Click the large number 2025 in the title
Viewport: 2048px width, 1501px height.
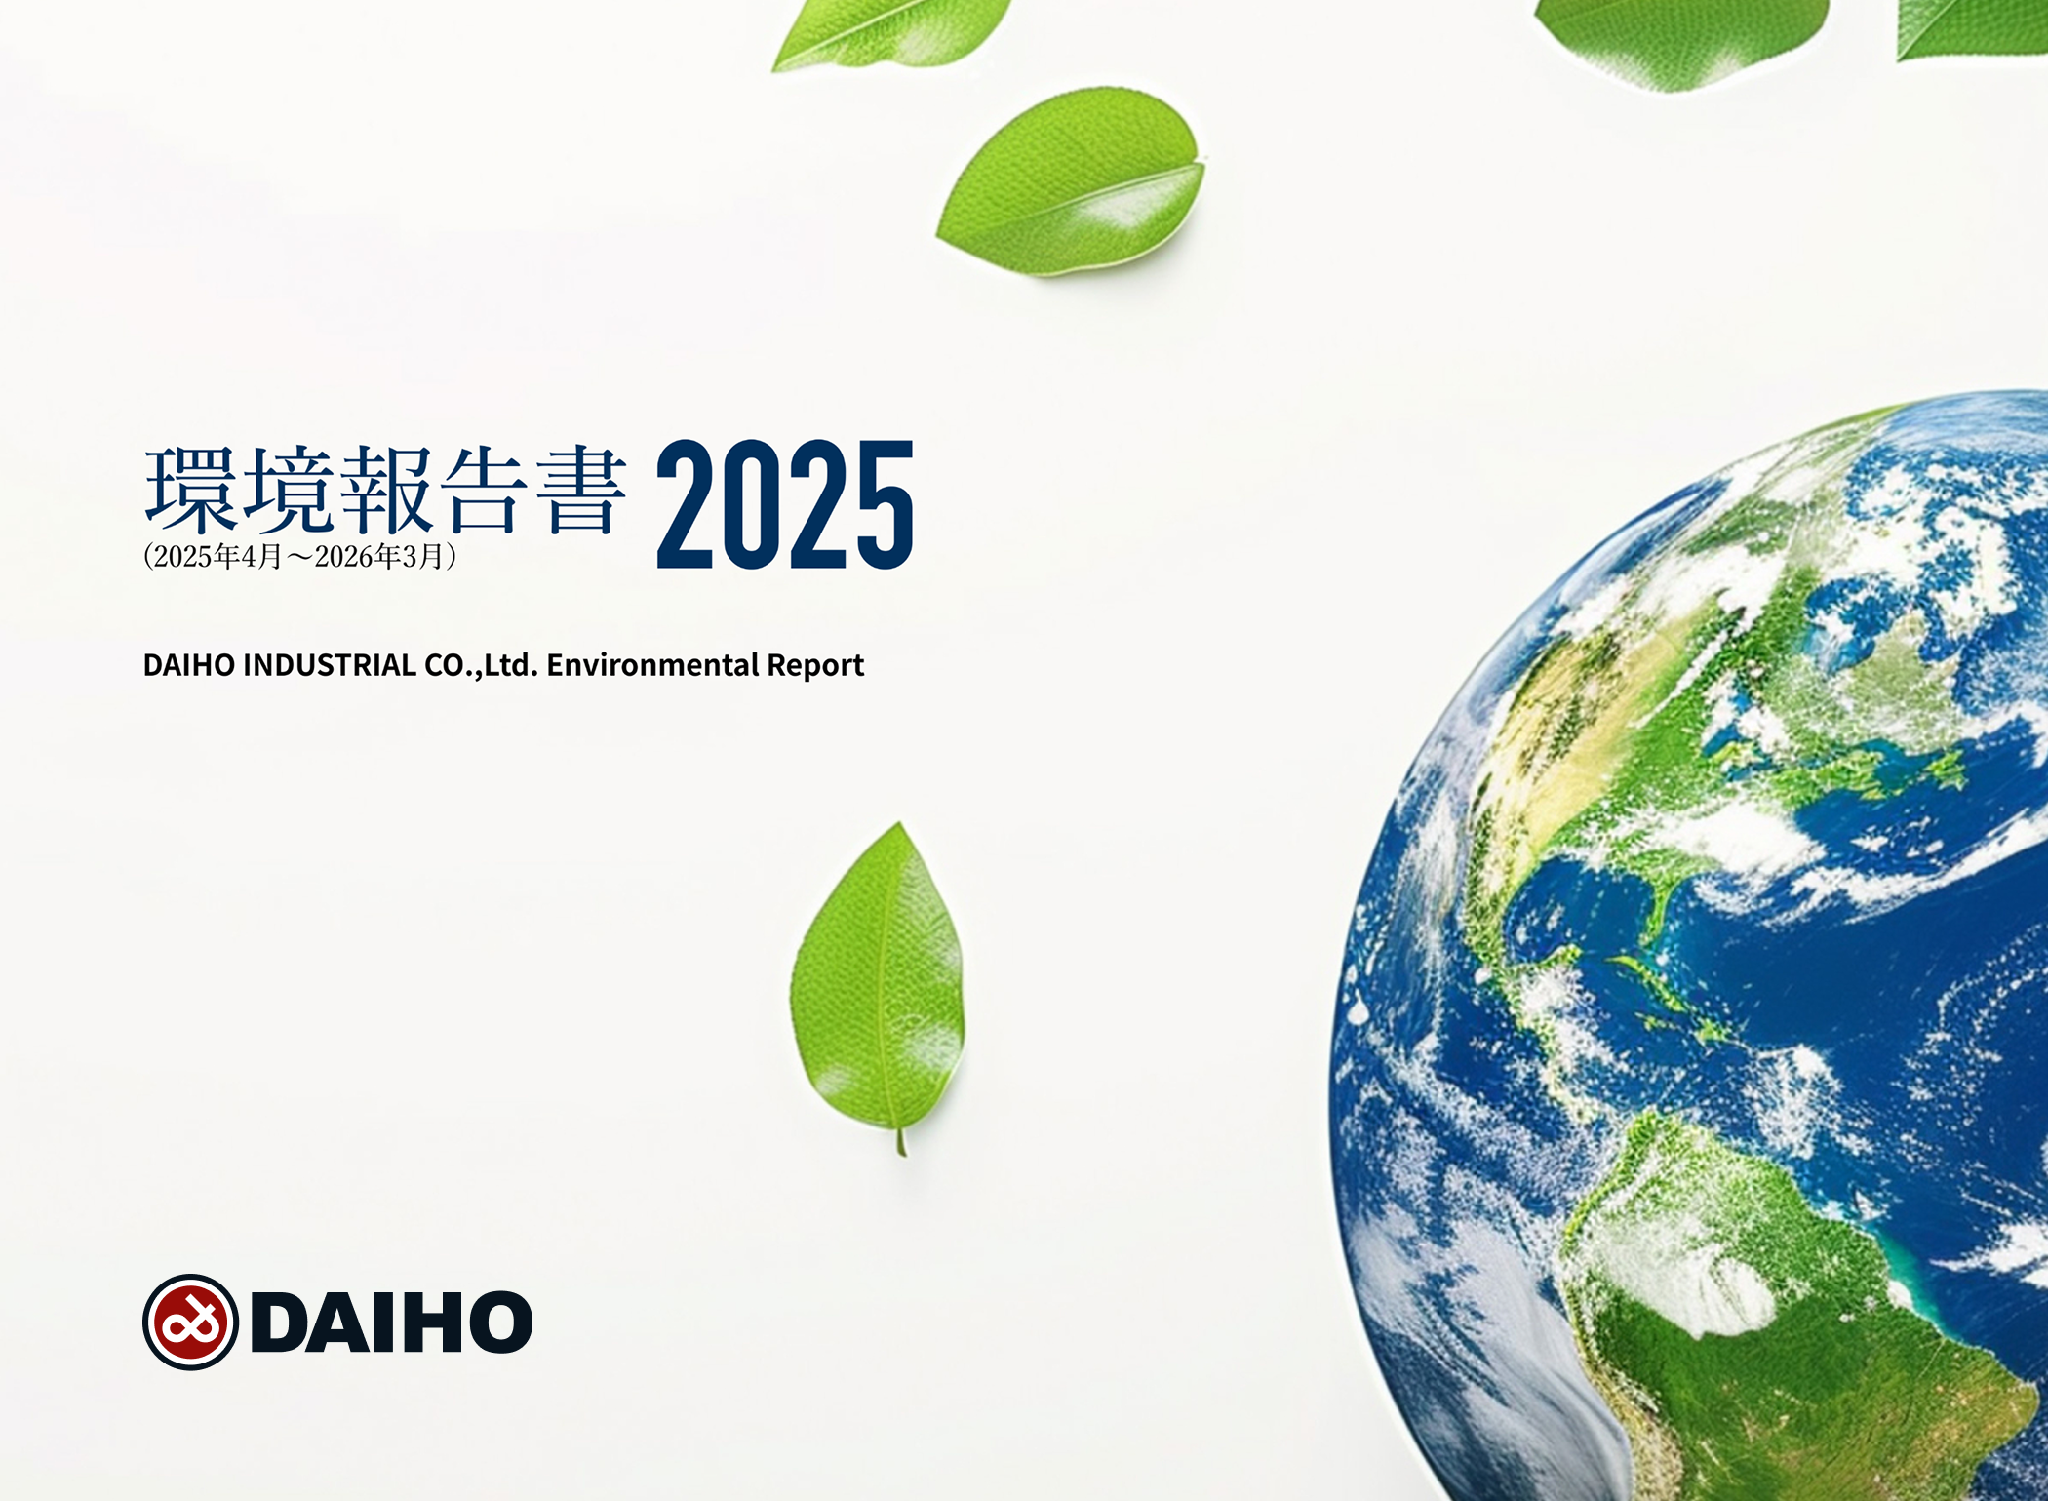pos(785,504)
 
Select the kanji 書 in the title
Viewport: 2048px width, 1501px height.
pos(581,490)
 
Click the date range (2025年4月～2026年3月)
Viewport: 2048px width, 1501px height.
pos(299,557)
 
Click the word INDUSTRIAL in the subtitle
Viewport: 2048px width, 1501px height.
pos(330,665)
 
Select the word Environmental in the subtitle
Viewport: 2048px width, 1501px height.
pos(652,665)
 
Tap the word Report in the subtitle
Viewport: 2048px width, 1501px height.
pos(815,666)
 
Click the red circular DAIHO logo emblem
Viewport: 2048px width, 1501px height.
pos(191,1323)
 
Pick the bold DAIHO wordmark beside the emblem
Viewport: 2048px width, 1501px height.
pos(392,1323)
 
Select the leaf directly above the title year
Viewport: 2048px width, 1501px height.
pos(1071,181)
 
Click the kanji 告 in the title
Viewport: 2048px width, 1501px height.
pos(484,490)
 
